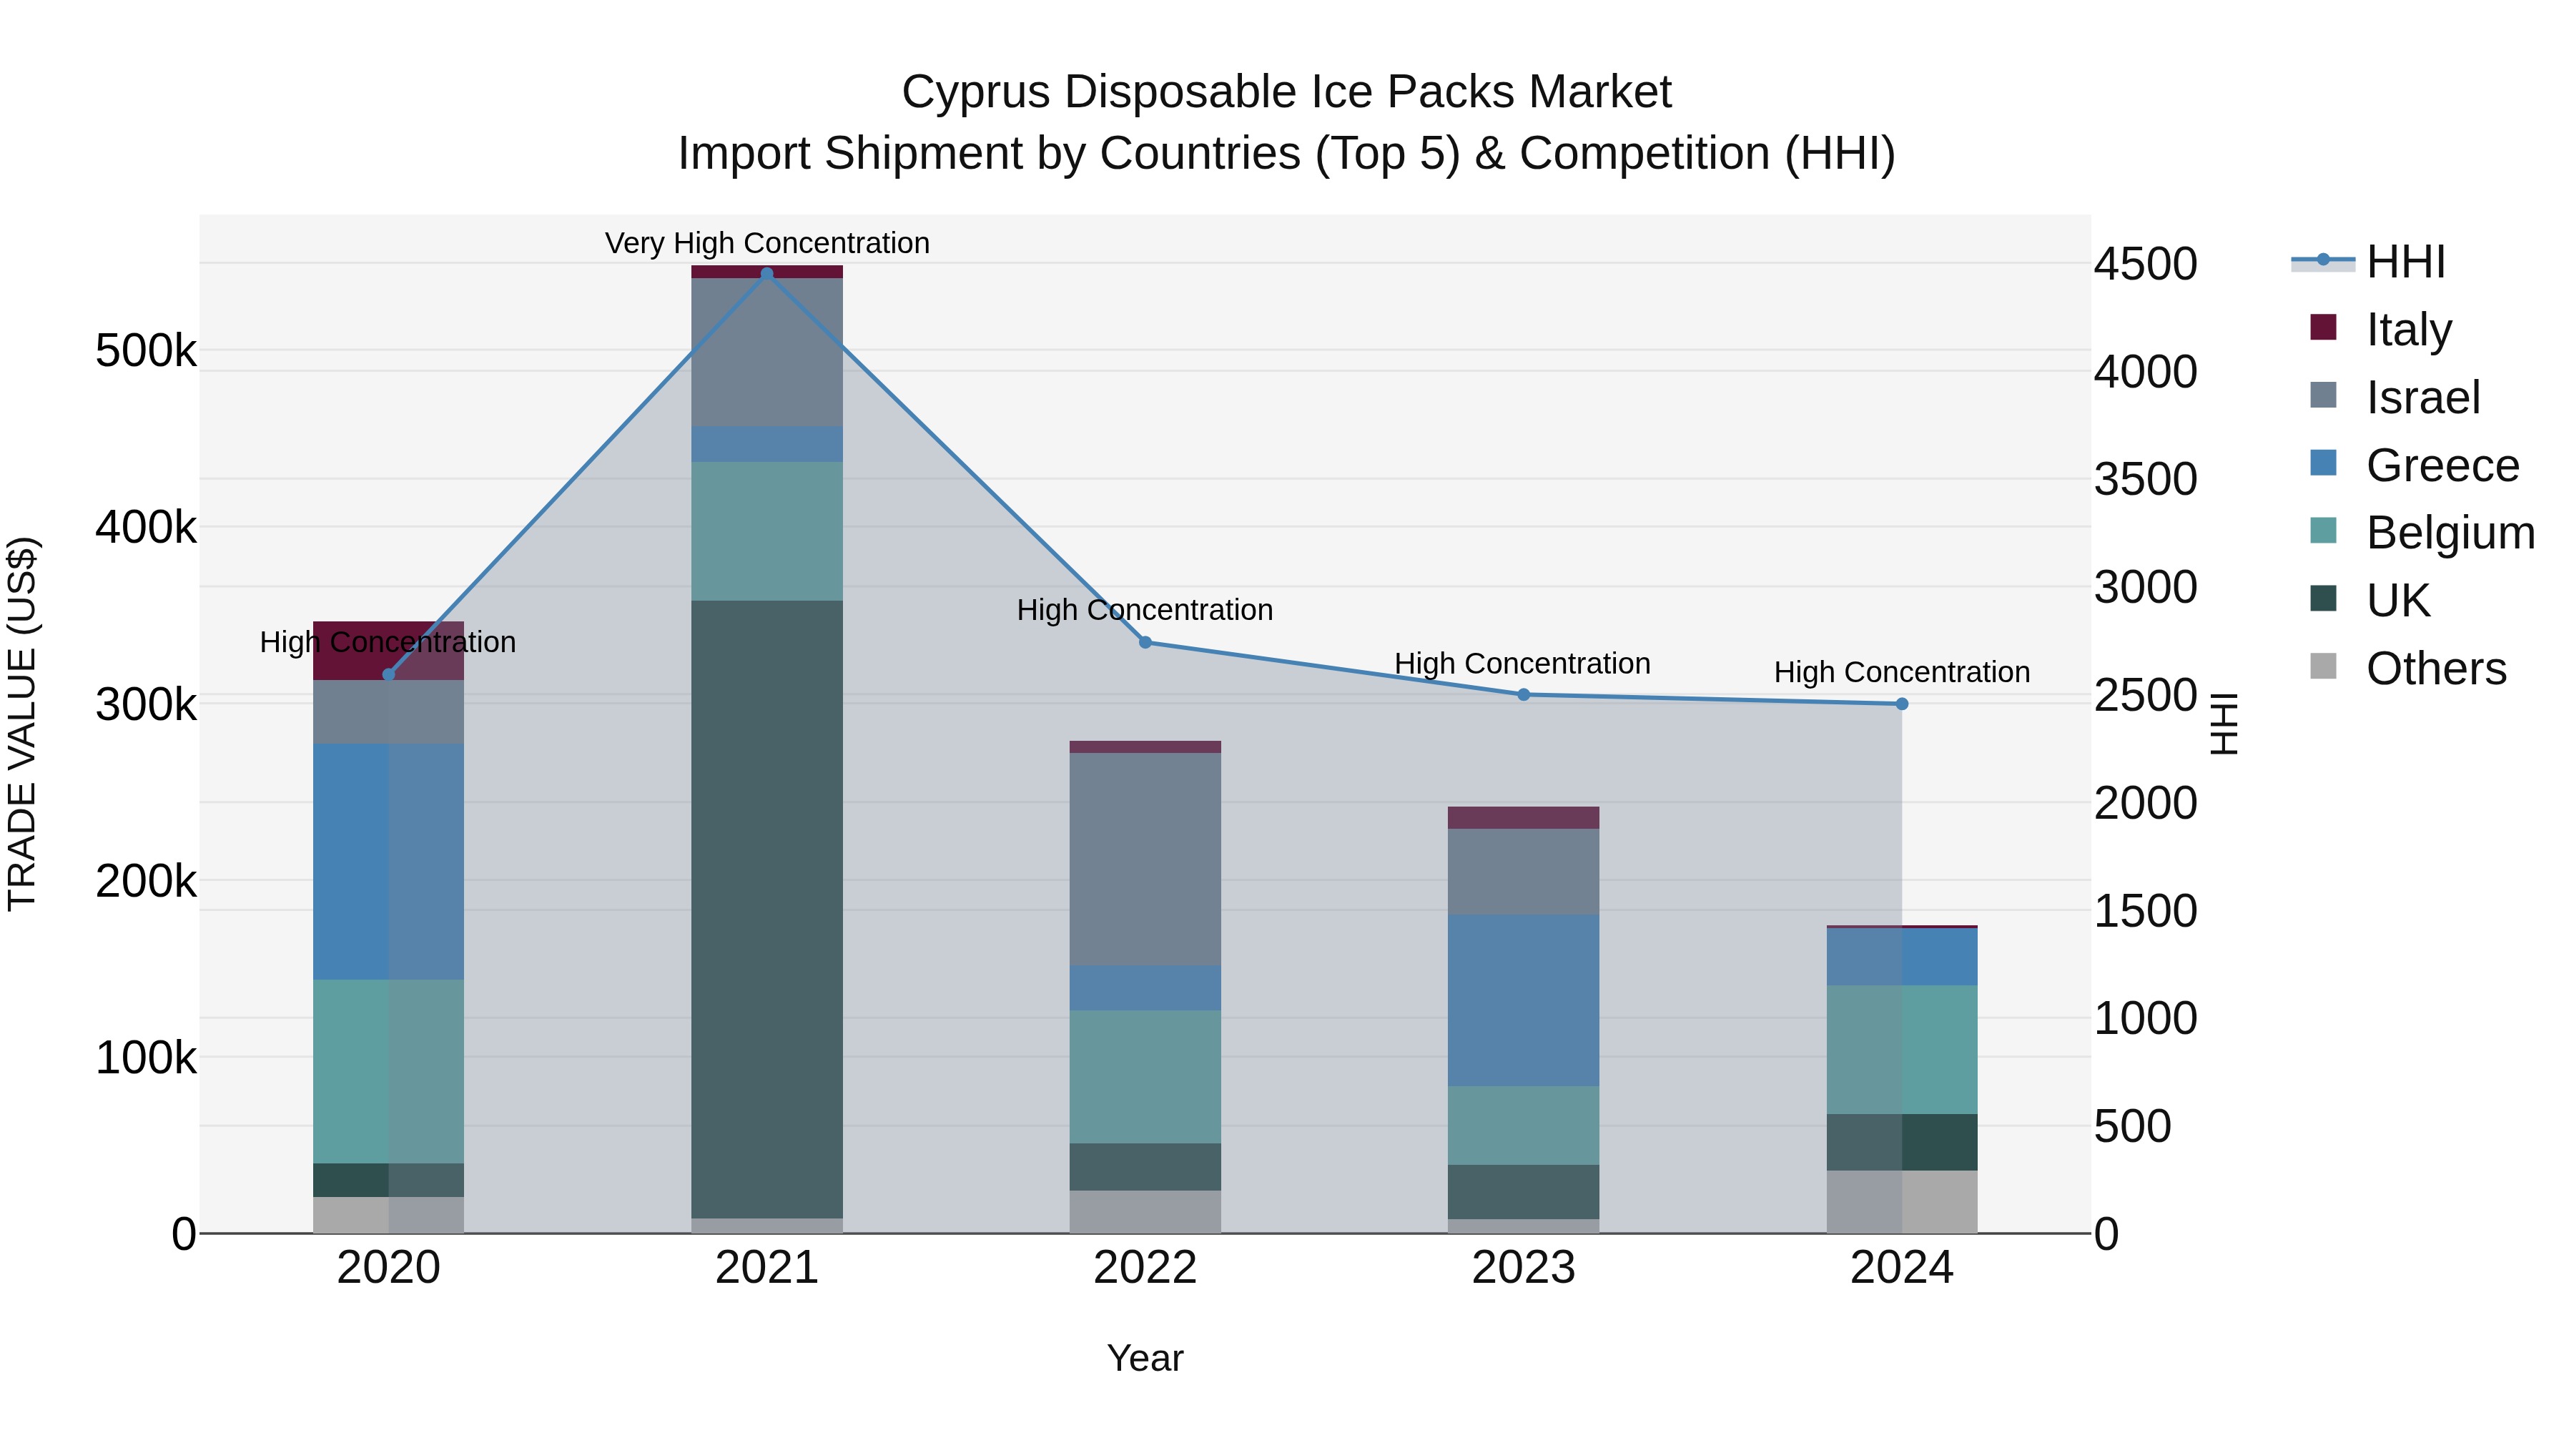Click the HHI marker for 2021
click(x=766, y=274)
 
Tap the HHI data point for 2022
click(x=1145, y=643)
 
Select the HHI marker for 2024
click(x=1901, y=704)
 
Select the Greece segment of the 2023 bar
click(x=1523, y=1000)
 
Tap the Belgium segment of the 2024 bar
click(x=1901, y=1049)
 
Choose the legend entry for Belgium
click(x=2448, y=533)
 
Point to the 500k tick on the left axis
click(x=146, y=351)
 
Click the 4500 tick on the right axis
click(x=2144, y=264)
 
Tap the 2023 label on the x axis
click(x=1523, y=1267)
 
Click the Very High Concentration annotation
click(x=766, y=243)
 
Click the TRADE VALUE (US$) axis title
click(x=22, y=724)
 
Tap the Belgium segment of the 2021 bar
click(x=766, y=531)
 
